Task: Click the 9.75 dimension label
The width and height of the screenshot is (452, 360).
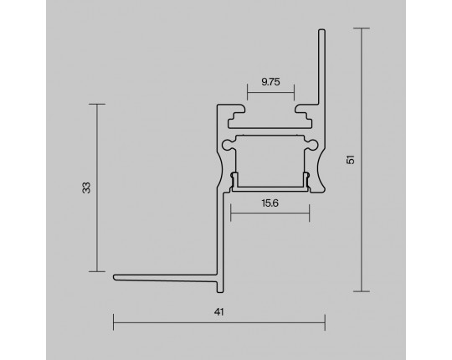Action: [x=270, y=82]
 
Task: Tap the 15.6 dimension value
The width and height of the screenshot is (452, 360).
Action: [x=270, y=203]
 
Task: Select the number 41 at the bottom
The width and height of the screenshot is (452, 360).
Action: [x=219, y=312]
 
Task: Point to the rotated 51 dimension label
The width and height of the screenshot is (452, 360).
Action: [x=351, y=160]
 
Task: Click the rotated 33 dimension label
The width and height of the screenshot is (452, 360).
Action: [x=86, y=188]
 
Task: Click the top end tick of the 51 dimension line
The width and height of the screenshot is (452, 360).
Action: [x=362, y=28]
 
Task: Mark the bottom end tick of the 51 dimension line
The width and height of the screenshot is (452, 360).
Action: [x=362, y=291]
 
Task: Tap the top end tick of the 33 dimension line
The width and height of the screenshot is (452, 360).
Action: [x=97, y=104]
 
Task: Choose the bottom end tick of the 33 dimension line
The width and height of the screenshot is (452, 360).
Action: [x=97, y=271]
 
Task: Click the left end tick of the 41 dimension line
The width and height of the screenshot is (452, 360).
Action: [x=114, y=322]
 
